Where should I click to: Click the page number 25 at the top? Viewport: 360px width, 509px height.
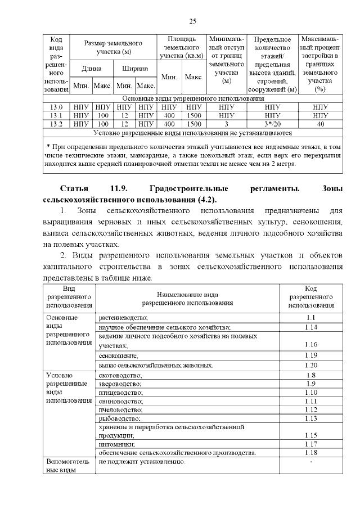click(192, 21)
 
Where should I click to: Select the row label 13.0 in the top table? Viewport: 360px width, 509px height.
click(56, 107)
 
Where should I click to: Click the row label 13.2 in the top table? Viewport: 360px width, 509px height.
click(56, 124)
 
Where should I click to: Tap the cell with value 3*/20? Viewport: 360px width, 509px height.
click(272, 124)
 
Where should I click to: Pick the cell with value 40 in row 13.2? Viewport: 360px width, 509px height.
click(320, 124)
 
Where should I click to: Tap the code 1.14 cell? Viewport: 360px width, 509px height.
click(311, 327)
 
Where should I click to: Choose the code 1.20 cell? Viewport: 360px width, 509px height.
click(311, 365)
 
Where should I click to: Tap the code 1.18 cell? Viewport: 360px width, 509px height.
click(311, 453)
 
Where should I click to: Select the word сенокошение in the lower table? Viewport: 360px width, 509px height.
click(119, 356)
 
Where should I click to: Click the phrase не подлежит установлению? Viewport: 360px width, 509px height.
click(142, 462)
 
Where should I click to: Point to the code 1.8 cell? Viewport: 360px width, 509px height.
click(311, 375)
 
